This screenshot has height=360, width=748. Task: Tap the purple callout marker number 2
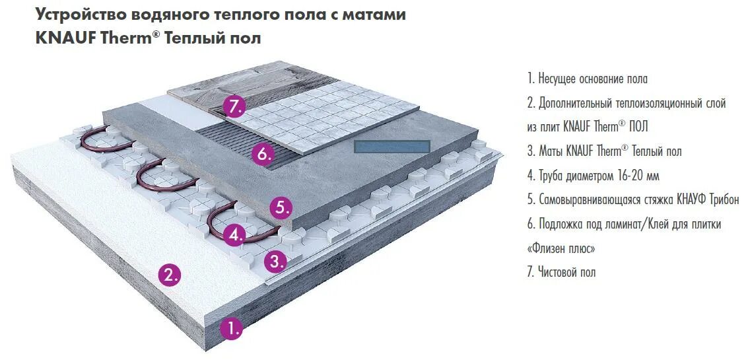(171, 274)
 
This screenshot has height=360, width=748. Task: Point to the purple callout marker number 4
(234, 234)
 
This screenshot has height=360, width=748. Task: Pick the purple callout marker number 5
(281, 207)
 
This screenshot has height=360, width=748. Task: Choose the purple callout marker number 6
(262, 155)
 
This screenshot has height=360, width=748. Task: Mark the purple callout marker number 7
(234, 106)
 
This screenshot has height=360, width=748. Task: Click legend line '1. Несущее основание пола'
(587, 79)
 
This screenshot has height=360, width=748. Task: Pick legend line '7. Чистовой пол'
(561, 272)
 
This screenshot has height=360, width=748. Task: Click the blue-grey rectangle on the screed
(392, 147)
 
